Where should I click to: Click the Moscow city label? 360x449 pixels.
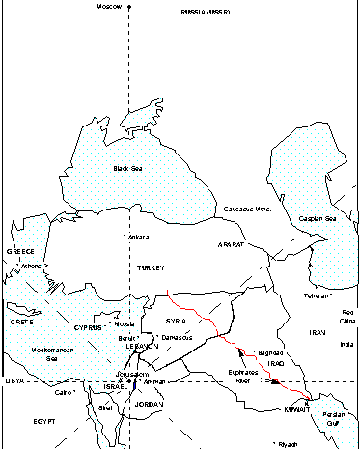(x=111, y=7)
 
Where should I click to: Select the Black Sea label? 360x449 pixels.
(x=127, y=168)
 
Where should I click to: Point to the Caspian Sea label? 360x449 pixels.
(x=317, y=219)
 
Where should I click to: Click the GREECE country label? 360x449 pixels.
(x=20, y=251)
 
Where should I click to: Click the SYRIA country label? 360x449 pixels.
(x=175, y=320)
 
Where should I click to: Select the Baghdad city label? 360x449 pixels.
(x=270, y=352)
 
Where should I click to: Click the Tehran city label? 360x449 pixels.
(x=318, y=295)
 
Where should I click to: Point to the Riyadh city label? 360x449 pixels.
(x=289, y=444)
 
